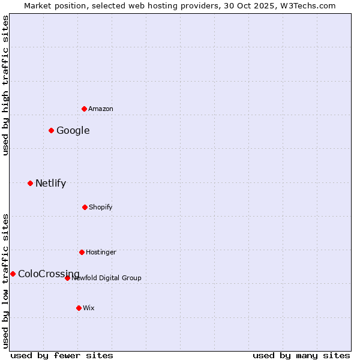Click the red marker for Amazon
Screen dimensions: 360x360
85,109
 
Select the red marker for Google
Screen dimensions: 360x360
52,130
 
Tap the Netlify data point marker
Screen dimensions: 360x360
31,183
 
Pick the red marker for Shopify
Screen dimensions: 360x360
85,207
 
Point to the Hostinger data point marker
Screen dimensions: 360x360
82,252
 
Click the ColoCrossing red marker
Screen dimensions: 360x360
13,274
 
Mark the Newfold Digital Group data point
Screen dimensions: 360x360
67,278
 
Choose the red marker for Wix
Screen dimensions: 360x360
79,308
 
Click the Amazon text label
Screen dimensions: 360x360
101,109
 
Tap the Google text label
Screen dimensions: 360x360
73,131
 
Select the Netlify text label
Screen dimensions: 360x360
50,184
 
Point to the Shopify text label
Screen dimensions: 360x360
101,207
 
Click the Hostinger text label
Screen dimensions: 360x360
101,252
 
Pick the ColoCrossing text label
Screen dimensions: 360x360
49,274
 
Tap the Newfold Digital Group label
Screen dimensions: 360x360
107,278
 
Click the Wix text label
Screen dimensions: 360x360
89,308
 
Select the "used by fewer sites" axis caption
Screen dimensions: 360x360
62,355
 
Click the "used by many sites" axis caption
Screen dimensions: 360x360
301,355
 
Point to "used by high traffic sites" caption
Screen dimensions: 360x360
5,85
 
